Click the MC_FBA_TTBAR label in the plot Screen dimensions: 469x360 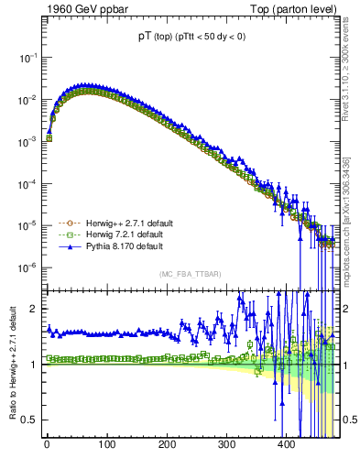(x=191, y=274)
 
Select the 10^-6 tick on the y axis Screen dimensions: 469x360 (x=28, y=267)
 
